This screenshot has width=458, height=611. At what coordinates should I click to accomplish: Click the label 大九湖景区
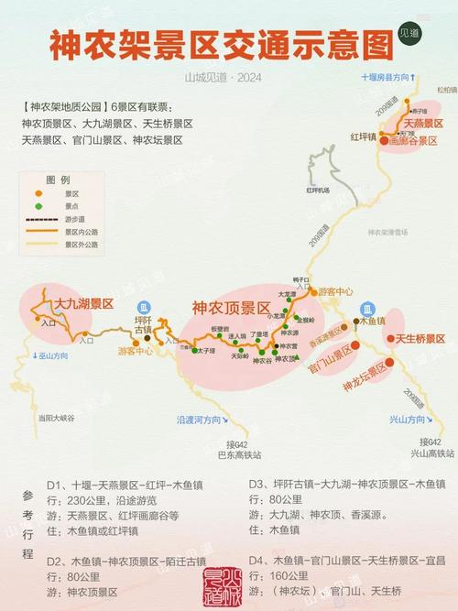[82, 302]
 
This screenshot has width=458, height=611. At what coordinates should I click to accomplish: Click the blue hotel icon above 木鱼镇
[368, 308]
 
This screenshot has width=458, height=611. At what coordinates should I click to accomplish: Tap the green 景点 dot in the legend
[38, 206]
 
